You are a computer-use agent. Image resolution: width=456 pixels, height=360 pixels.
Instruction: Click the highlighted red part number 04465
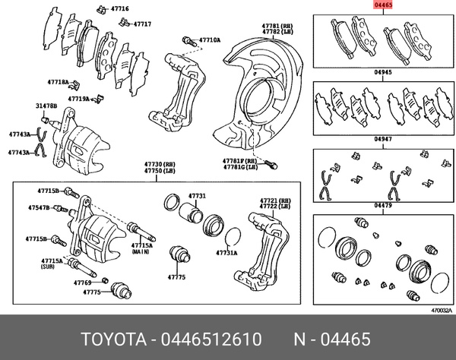coord(382,6)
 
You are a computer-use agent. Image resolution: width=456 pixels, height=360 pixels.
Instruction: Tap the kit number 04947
coord(382,140)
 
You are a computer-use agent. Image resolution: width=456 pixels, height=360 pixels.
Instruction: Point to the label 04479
coord(382,205)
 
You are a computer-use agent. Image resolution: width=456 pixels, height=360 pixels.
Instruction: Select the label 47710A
coord(210,39)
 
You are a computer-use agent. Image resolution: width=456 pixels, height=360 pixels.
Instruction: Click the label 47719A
coord(78,99)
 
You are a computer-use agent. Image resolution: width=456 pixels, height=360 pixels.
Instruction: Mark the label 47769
coord(82,283)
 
